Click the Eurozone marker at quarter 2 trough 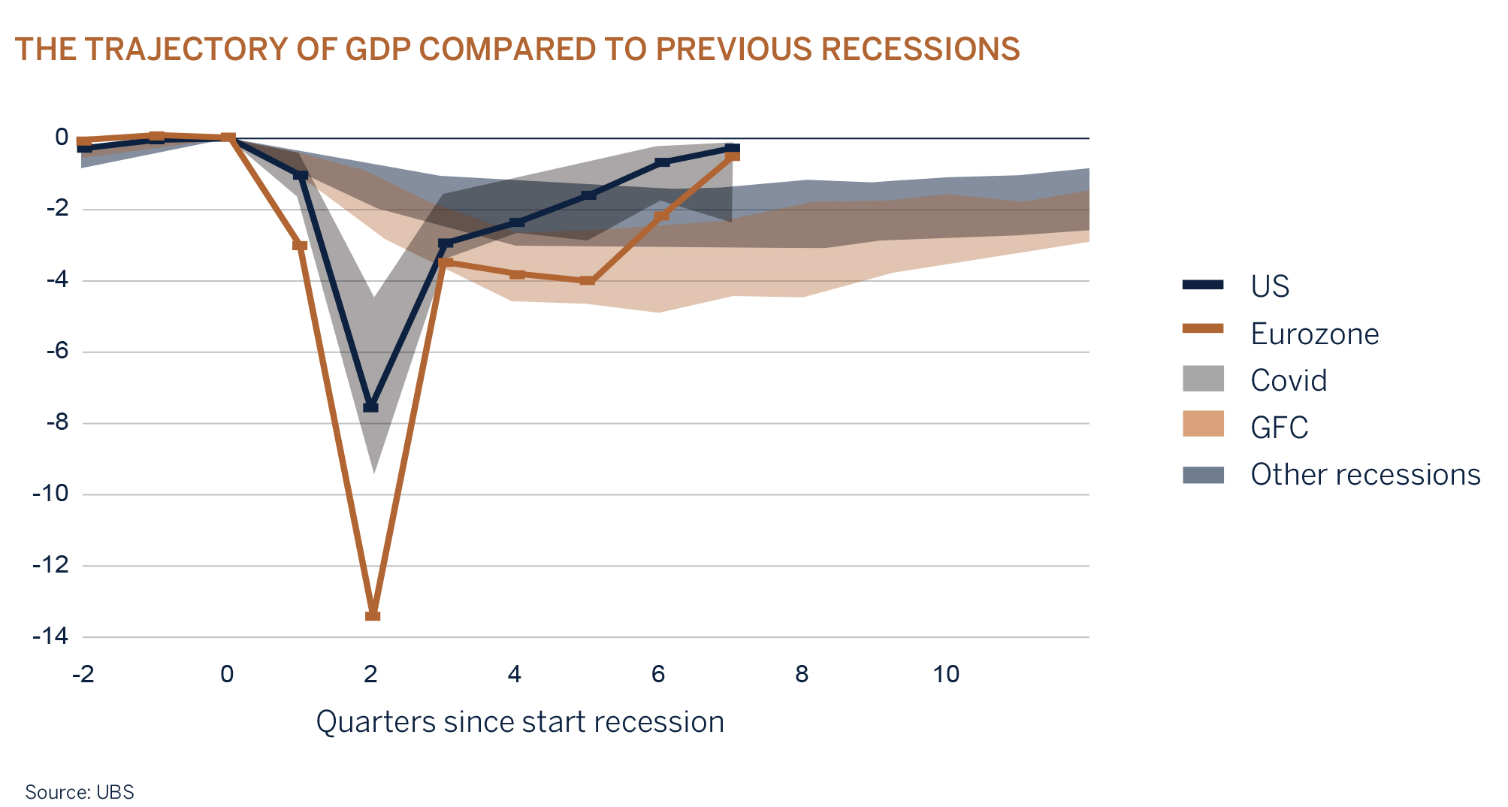click(373, 615)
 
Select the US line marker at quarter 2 click(370, 407)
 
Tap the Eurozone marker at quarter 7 click(733, 155)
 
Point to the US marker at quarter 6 click(662, 162)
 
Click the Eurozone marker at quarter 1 click(300, 246)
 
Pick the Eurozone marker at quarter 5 click(588, 280)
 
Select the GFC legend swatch click(1203, 425)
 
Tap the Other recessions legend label click(1364, 475)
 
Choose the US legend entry click(1269, 286)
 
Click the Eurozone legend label click(1314, 334)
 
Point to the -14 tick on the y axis click(50, 636)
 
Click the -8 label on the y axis click(57, 422)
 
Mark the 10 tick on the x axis click(946, 674)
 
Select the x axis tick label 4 click(514, 674)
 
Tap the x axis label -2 click(83, 674)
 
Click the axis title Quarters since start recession click(520, 722)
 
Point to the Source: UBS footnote click(80, 792)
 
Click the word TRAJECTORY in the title click(186, 49)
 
